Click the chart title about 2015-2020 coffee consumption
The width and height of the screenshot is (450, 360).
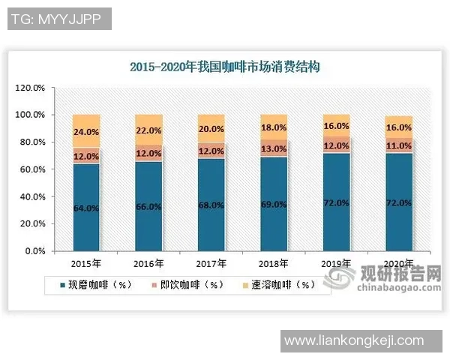tap(225, 67)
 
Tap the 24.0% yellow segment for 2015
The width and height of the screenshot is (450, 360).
tap(86, 130)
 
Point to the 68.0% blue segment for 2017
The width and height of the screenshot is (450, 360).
tap(211, 205)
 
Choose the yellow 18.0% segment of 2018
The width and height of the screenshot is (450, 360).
tap(274, 127)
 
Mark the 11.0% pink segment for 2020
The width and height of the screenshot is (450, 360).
tap(399, 145)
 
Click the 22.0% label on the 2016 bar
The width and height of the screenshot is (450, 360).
tap(148, 130)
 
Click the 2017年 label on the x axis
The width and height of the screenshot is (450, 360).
tap(211, 263)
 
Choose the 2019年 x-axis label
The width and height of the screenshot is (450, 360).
tap(336, 263)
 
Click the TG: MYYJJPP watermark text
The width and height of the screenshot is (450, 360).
tap(59, 19)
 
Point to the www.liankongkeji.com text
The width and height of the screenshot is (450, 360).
tap(353, 341)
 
